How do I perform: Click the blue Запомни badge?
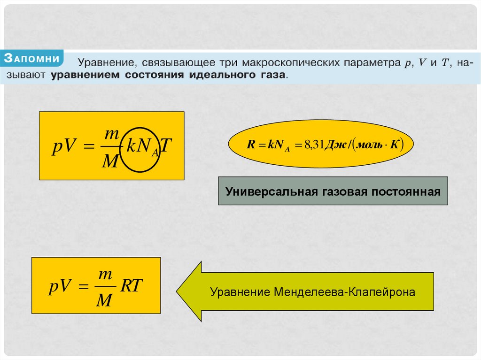click(x=32, y=59)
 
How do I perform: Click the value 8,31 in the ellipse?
click(x=312, y=145)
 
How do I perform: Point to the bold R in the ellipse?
click(x=250, y=145)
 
